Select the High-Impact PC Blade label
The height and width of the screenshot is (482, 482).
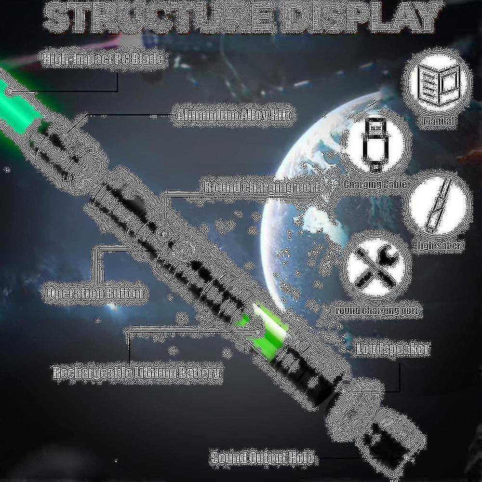coord(103,59)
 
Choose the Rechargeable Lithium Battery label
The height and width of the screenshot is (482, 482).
coord(137,372)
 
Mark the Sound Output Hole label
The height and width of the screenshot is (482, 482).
coord(262,457)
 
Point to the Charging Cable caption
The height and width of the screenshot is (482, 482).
coord(376,184)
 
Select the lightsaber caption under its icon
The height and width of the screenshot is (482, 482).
coord(439,245)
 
